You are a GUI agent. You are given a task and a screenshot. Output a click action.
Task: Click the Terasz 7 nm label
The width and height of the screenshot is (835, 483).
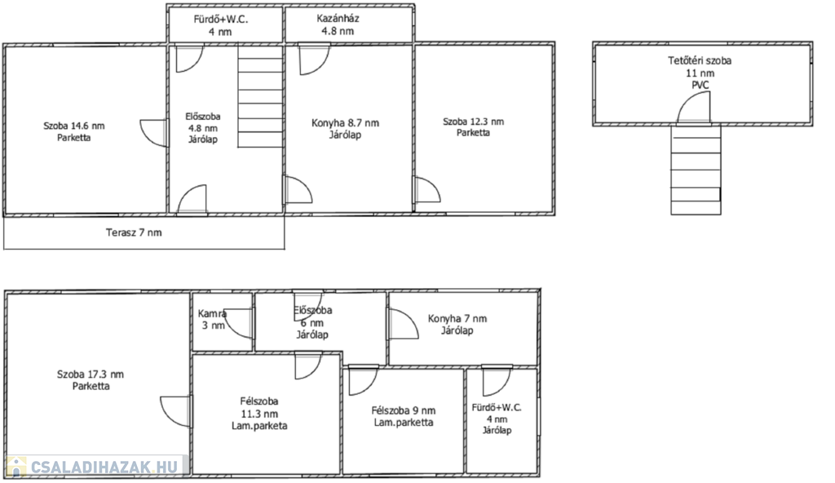pos(134,233)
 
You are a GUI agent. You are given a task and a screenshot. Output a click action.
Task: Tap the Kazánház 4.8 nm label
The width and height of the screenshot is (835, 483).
pos(338,24)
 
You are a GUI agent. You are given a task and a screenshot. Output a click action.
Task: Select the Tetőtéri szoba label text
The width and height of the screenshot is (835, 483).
pos(700,60)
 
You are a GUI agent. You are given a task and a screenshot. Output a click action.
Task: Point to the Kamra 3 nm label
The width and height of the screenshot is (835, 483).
pos(213,319)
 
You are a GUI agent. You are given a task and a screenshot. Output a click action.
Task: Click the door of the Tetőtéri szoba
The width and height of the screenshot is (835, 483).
pos(694,107)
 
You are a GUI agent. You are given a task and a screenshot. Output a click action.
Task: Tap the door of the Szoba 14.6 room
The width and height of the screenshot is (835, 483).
pos(154,133)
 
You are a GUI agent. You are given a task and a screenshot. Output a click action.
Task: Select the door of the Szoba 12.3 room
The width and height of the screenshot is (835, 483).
pos(427,190)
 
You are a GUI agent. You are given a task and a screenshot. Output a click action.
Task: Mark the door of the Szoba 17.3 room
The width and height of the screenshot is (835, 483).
pos(175,411)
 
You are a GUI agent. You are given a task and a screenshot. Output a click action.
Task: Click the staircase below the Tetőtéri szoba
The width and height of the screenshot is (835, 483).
pos(696,170)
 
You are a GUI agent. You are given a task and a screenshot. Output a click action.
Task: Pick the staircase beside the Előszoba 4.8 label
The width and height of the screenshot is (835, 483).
pos(260,96)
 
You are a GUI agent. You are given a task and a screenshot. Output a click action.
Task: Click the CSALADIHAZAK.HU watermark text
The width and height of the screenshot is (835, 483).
pos(104,467)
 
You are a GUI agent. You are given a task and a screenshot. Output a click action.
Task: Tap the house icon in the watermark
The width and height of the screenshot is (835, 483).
pos(15,467)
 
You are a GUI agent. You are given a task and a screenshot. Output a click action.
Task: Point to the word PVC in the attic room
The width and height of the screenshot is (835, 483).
pos(700,86)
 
